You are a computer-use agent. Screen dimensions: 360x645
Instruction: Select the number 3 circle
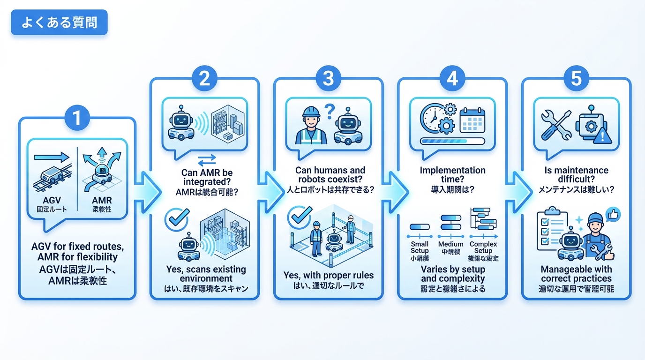pos(329,79)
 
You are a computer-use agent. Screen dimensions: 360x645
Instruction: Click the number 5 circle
pos(576,79)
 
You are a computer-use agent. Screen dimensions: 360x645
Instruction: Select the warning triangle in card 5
pos(602,136)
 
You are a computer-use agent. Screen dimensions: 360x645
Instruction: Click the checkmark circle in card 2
pos(176,219)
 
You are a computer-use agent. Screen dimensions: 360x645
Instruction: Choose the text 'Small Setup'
pos(420,247)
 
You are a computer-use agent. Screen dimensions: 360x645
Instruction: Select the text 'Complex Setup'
pos(483,247)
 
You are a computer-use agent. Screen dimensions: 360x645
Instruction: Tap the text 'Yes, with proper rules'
pos(328,275)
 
